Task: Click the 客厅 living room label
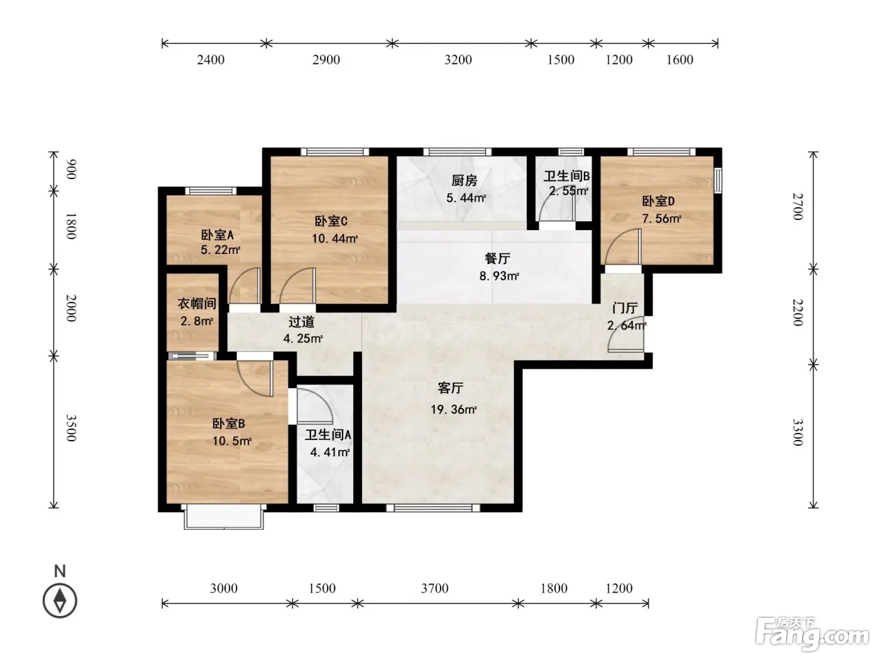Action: [x=450, y=388]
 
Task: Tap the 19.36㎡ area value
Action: [x=453, y=410]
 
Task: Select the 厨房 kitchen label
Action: [x=465, y=181]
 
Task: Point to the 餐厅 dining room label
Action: [x=498, y=258]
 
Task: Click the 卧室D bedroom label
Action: [x=658, y=201]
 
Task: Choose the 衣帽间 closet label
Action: [x=197, y=304]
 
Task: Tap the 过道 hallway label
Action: [x=302, y=322]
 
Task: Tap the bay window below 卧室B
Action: [x=224, y=517]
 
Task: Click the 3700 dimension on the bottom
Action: [x=434, y=588]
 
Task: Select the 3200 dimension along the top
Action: [x=458, y=60]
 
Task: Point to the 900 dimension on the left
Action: [x=71, y=169]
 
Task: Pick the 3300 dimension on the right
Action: [x=798, y=432]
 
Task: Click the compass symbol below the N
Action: [x=60, y=601]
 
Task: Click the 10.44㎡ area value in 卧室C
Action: [x=335, y=239]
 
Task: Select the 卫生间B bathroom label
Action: [x=566, y=176]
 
